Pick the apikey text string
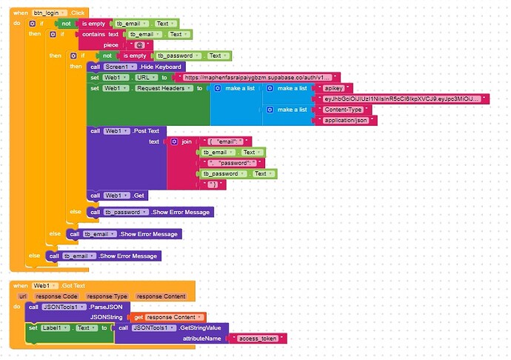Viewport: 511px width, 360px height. coord(333,88)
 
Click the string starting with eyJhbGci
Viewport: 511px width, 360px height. coord(401,99)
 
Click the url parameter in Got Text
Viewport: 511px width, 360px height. coord(23,296)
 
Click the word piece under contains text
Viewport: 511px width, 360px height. coord(111,44)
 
